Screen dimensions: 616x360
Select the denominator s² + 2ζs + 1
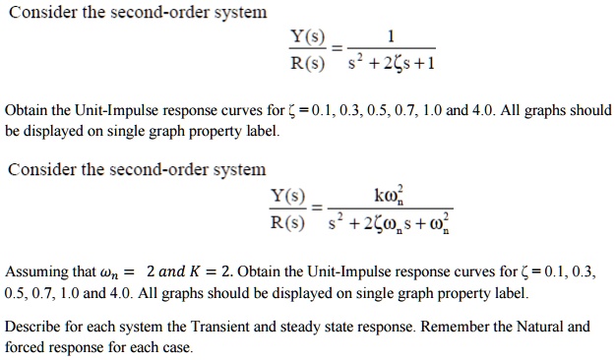point(392,65)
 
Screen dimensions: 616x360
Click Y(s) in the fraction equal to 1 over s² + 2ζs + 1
point(306,38)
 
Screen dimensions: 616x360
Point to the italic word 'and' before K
point(169,270)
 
